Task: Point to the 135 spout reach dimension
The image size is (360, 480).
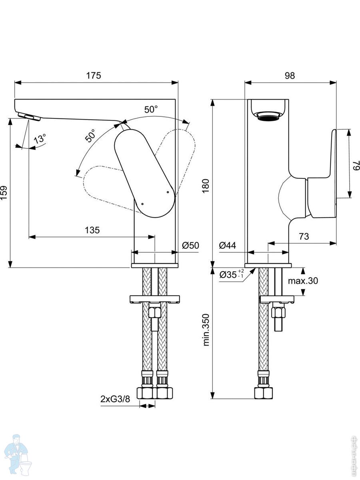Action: pyautogui.click(x=92, y=230)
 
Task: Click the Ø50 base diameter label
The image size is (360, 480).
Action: pyautogui.click(x=190, y=246)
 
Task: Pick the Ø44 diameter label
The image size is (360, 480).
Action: pyautogui.click(x=227, y=246)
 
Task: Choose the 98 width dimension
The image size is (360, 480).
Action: pyautogui.click(x=290, y=75)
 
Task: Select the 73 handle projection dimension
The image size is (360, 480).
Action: pyautogui.click(x=304, y=236)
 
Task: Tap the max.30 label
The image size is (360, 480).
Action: pyautogui.click(x=303, y=281)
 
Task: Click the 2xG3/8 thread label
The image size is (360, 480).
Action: pyautogui.click(x=115, y=399)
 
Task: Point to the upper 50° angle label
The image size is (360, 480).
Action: pyautogui.click(x=151, y=109)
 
